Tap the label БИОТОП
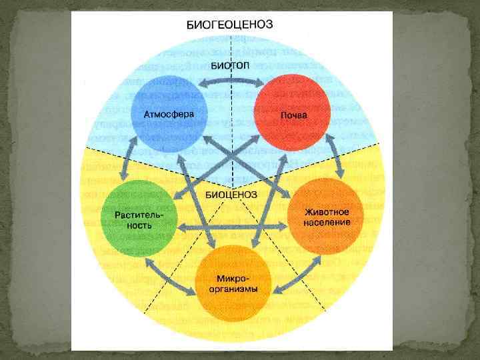pos(231,65)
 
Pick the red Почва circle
pos(294,113)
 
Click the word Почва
pos(294,115)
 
